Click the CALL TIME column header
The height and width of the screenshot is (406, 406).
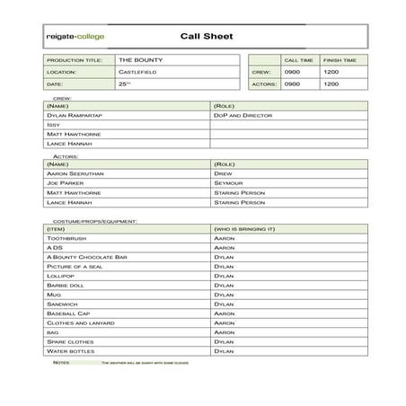pyautogui.click(x=298, y=59)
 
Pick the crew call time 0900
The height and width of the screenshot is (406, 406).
pyautogui.click(x=293, y=71)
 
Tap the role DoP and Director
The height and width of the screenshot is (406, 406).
pyautogui.click(x=243, y=116)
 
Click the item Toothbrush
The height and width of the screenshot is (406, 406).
pyautogui.click(x=66, y=238)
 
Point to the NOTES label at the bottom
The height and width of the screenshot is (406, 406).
pyautogui.click(x=60, y=362)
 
